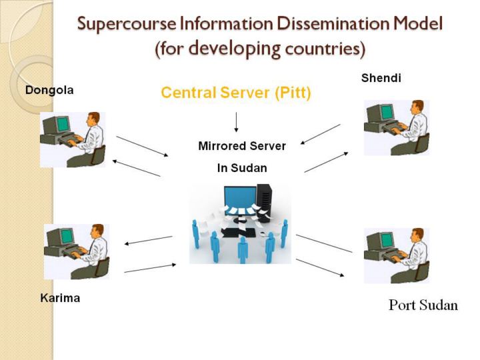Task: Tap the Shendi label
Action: pyautogui.click(x=381, y=78)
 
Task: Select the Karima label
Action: pyautogui.click(x=60, y=298)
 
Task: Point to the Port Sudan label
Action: pyautogui.click(x=423, y=306)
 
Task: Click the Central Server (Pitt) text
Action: pyautogui.click(x=236, y=93)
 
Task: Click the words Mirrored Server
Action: pyautogui.click(x=242, y=145)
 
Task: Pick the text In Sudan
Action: pyautogui.click(x=242, y=168)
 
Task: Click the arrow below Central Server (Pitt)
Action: pyautogui.click(x=236, y=122)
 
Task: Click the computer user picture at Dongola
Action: pyautogui.click(x=73, y=139)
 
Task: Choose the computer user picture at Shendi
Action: pyautogui.click(x=397, y=128)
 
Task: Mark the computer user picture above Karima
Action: pyautogui.click(x=76, y=251)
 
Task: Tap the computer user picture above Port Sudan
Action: pyautogui.click(x=397, y=255)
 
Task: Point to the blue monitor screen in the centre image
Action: pyautogui.click(x=239, y=197)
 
